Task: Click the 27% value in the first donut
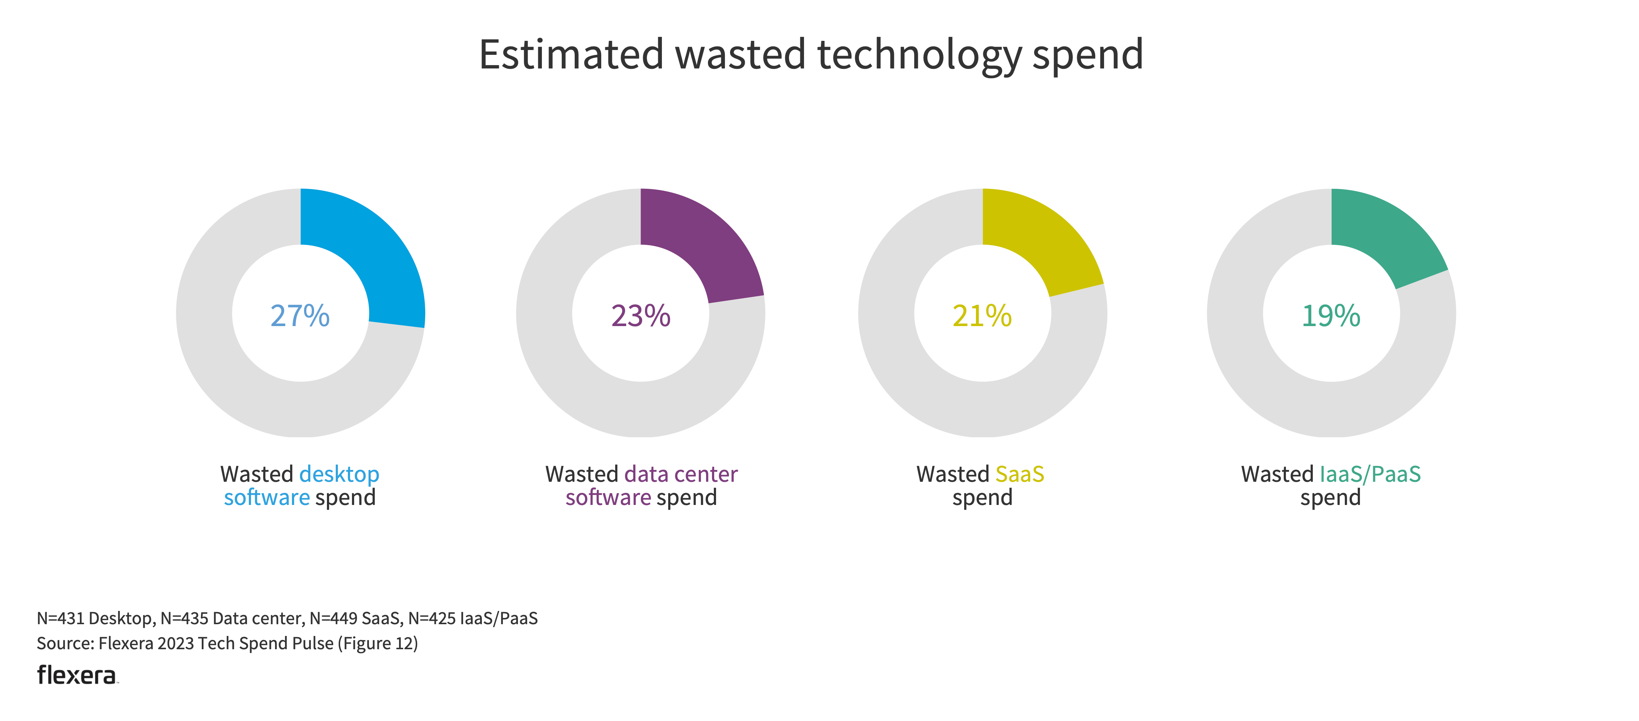300,315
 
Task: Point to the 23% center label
641,315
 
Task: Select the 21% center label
982,315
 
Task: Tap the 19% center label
1330,315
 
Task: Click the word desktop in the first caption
339,474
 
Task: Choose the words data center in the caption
681,474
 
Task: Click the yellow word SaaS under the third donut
1019,474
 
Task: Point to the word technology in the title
919,55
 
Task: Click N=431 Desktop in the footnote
94,618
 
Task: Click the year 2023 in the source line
176,643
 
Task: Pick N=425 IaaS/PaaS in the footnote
473,618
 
